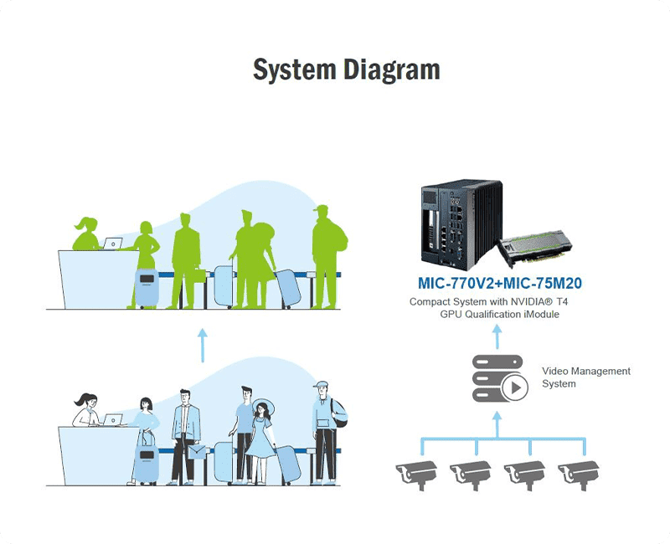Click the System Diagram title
pyautogui.click(x=346, y=69)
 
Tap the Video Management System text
pyautogui.click(x=586, y=377)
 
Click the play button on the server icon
pyautogui.click(x=515, y=387)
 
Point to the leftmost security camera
pyautogui.click(x=416, y=473)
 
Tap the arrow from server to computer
pyautogui.click(x=496, y=336)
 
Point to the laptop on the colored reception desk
pyautogui.click(x=111, y=419)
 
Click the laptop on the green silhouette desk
pyautogui.click(x=111, y=244)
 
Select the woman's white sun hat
pyautogui.click(x=263, y=403)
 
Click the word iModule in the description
pyautogui.click(x=540, y=314)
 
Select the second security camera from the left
pyautogui.click(x=471, y=473)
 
